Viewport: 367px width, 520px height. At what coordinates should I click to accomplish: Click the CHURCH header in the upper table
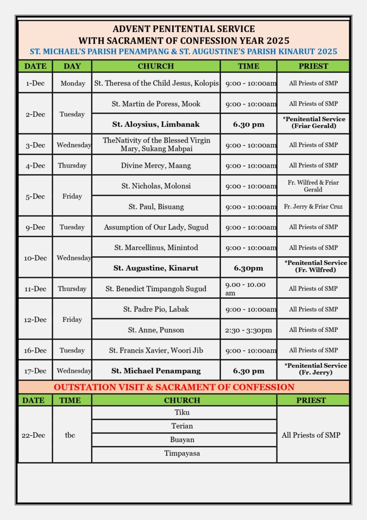coord(156,66)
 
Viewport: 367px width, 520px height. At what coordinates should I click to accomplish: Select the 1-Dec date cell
coord(35,83)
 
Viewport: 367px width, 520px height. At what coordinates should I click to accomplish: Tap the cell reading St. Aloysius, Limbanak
coord(156,124)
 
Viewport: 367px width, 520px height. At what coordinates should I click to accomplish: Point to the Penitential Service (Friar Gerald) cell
coord(313,123)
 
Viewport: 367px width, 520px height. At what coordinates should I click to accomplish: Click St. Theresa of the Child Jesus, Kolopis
coord(156,83)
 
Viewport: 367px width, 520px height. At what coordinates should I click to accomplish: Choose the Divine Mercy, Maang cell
coord(156,166)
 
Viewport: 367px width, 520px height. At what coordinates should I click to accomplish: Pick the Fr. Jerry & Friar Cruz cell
coord(313,207)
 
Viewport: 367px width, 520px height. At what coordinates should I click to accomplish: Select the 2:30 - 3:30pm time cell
coord(248,330)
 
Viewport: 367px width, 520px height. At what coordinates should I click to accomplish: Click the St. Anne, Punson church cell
coord(156,330)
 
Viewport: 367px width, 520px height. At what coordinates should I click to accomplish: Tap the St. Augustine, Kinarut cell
coord(156,268)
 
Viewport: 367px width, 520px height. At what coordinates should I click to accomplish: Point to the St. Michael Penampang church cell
coord(156,371)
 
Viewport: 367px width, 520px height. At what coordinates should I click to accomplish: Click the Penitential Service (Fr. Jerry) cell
coord(313,369)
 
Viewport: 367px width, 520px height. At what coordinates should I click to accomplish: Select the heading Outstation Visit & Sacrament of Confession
coord(174,387)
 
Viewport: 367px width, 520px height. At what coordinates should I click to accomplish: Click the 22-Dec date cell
coord(33,435)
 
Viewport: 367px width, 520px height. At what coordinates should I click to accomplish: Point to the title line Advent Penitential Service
coord(183,29)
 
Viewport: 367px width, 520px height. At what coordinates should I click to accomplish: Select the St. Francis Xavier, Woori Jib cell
coord(156,350)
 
